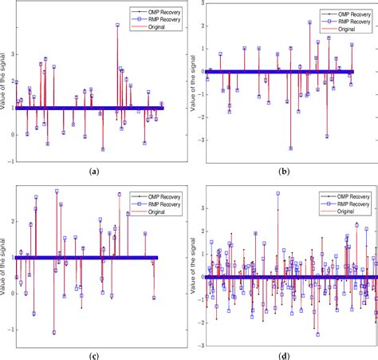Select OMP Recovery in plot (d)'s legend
coord(338,194)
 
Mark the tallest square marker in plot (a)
coord(117,26)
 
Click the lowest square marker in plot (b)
coord(290,148)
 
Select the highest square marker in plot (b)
coord(309,22)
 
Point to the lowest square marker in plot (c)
coord(54,332)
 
